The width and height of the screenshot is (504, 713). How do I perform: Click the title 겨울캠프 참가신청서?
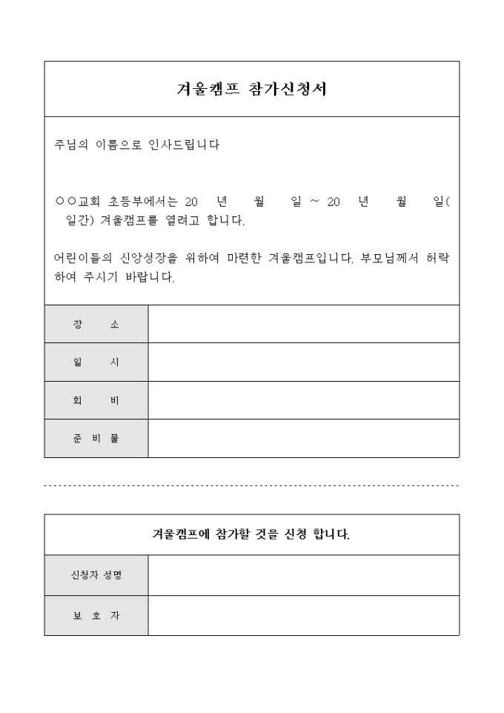[251, 89]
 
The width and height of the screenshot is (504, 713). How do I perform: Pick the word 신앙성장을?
[148, 259]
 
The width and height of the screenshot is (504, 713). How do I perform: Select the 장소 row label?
[96, 325]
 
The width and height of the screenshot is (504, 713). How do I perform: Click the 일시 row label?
[96, 362]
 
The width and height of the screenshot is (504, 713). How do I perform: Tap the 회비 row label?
[96, 400]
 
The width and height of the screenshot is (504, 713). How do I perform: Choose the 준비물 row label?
[96, 438]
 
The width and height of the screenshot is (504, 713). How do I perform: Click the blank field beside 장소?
[303, 325]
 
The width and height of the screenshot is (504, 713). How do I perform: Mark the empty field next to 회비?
[303, 400]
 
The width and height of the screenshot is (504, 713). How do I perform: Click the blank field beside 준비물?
[303, 438]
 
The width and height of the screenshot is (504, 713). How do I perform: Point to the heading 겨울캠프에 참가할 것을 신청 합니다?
[251, 534]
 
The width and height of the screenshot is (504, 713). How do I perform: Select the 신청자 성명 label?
[96, 575]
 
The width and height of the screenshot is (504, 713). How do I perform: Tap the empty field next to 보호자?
[303, 615]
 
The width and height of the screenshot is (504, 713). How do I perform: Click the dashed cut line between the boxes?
[251, 486]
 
